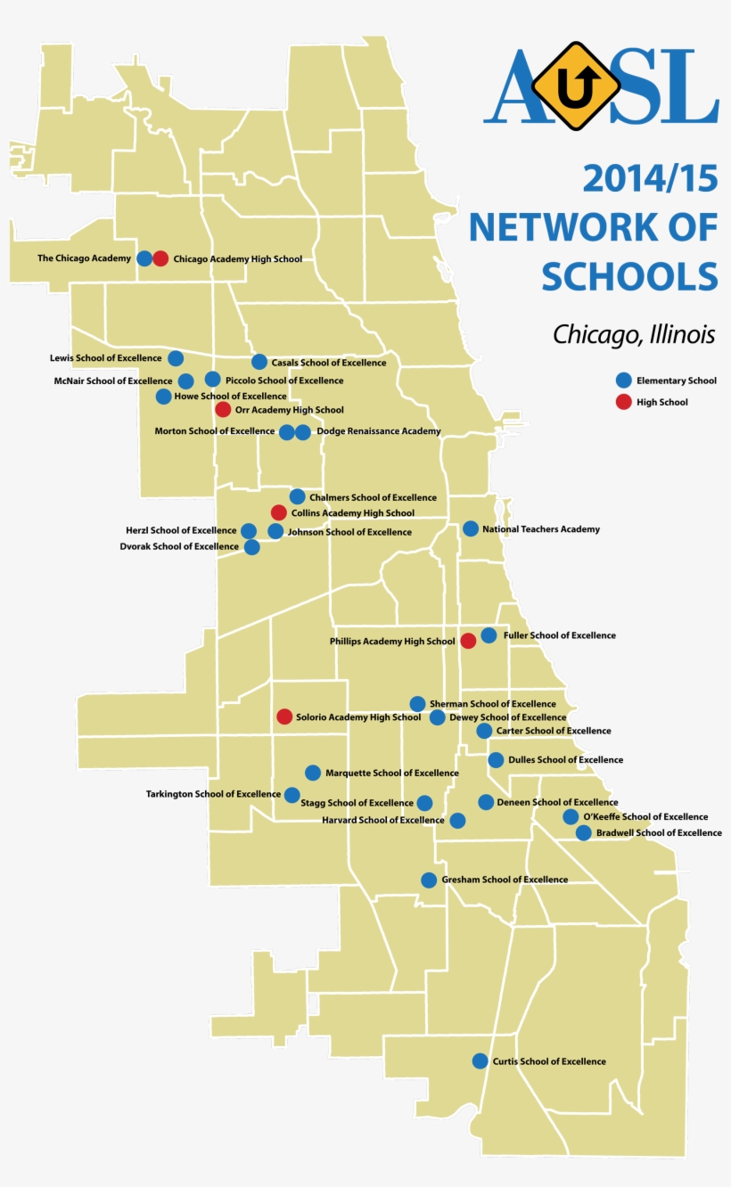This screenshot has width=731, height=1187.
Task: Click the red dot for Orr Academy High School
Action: point(223,410)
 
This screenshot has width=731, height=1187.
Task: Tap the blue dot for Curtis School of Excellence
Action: point(480,1061)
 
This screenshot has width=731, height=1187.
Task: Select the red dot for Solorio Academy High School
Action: point(284,716)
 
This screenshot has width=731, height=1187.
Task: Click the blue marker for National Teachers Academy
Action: point(471,528)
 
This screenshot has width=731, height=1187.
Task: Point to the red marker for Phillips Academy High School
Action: point(468,641)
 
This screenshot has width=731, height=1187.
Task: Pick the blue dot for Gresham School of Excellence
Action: point(429,880)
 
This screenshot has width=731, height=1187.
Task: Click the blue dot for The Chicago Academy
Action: point(144,258)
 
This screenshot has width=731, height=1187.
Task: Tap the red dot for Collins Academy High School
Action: point(278,512)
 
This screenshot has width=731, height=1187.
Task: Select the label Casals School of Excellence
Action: point(328,363)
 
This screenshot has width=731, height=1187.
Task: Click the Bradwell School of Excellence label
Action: point(659,833)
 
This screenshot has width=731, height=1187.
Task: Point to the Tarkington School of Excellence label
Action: point(213,794)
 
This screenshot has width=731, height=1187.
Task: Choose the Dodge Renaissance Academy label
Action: point(378,431)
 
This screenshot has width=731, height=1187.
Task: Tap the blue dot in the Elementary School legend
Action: point(624,380)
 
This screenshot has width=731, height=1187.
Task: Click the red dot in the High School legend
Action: point(624,402)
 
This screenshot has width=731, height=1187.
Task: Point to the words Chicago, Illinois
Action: point(634,335)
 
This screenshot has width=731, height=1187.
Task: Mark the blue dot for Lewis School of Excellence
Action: point(176,358)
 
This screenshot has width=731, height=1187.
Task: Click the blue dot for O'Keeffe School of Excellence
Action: point(571,817)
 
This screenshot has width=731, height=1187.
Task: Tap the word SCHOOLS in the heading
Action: point(629,277)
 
